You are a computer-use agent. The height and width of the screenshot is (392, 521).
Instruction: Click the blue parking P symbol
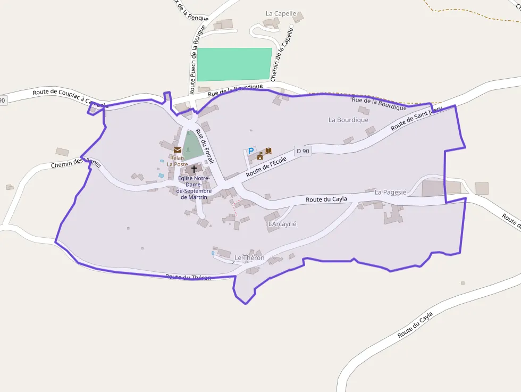coord(251,152)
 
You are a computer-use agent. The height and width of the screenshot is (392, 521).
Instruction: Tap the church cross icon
coord(194,169)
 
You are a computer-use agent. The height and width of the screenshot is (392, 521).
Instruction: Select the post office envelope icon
coord(178,150)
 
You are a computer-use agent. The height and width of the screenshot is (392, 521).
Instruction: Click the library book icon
coord(268,151)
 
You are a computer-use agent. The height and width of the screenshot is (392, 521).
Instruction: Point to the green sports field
coord(234,64)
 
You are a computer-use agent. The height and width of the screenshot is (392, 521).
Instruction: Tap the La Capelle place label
coord(281,14)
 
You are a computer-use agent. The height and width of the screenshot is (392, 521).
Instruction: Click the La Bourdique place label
coord(348,120)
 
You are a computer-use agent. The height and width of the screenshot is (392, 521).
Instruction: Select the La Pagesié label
coord(390,192)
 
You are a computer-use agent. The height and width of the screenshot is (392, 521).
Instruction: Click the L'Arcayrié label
coord(282,224)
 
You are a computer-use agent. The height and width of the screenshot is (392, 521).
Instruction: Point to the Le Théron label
coord(249,258)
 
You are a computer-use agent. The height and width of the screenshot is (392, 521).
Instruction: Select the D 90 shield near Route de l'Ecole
coord(302,151)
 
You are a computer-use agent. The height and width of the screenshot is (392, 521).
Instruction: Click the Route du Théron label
coord(188,277)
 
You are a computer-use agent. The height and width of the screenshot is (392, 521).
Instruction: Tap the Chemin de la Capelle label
coord(282,55)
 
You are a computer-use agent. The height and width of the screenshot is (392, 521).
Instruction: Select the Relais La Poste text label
coord(178,161)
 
